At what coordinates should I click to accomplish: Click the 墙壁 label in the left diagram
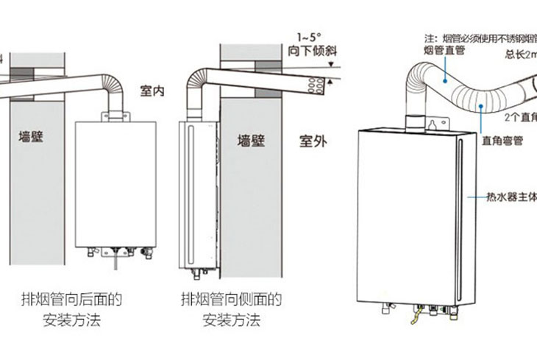[x=35, y=136]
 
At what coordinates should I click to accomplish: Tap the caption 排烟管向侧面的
[x=232, y=300]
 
